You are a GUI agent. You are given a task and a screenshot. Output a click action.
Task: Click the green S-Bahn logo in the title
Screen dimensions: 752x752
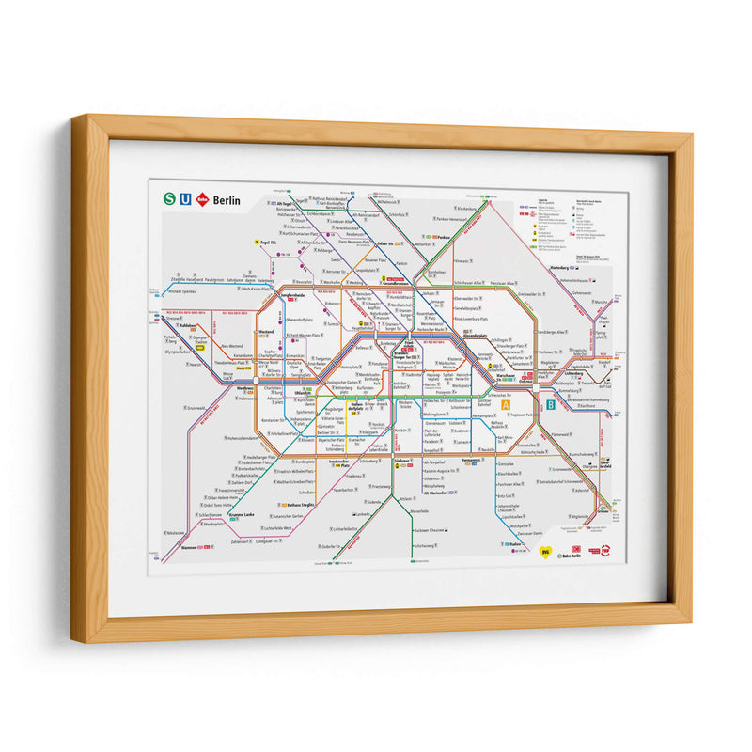click(169, 198)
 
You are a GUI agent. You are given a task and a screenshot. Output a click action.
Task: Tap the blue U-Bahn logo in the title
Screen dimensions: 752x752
click(186, 198)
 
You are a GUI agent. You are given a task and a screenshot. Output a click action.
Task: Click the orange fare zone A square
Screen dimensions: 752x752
click(506, 405)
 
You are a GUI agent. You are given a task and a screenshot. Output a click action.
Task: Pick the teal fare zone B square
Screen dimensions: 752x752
click(550, 405)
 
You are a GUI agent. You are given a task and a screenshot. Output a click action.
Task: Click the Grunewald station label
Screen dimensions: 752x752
click(195, 408)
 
